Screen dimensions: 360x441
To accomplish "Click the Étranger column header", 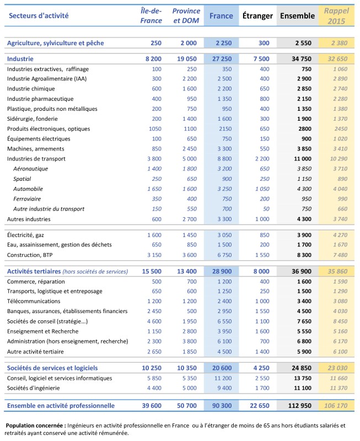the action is point(257,16).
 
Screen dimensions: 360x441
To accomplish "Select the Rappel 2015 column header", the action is point(336,16).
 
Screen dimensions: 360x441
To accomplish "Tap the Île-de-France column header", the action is point(151,16).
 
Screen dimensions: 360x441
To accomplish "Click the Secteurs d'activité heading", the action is point(39,15).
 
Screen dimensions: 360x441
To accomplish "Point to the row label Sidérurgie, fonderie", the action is point(33,119).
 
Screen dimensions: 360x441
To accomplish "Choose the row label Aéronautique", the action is point(30,169).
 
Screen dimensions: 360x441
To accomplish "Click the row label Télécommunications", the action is point(34,301).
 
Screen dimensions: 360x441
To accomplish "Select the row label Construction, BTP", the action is point(30,255).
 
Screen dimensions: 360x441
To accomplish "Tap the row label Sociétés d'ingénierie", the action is point(34,388).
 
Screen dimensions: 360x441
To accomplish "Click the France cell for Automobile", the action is point(224,189).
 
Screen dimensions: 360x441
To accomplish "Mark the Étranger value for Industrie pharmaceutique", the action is point(265,99).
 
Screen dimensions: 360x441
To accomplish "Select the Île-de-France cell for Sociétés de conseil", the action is point(154,321).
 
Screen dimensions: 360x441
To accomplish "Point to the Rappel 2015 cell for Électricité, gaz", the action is point(340,235).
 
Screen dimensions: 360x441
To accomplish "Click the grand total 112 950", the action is point(300,406).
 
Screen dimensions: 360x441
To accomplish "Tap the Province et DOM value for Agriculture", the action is point(189,43).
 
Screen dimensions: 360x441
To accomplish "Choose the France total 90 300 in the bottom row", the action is point(222,406).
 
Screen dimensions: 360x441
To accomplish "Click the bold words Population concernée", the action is point(36,426).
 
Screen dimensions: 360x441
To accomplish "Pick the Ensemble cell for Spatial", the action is point(304,179).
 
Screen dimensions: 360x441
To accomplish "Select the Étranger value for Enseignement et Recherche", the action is point(262,331).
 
